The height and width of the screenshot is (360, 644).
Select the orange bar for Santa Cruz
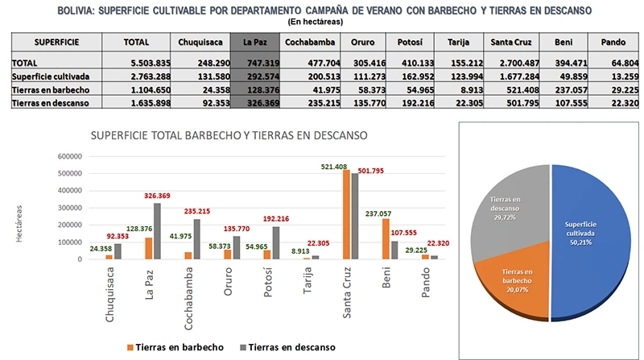coord(345,214)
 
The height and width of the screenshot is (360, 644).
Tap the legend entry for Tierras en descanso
coord(289,346)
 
